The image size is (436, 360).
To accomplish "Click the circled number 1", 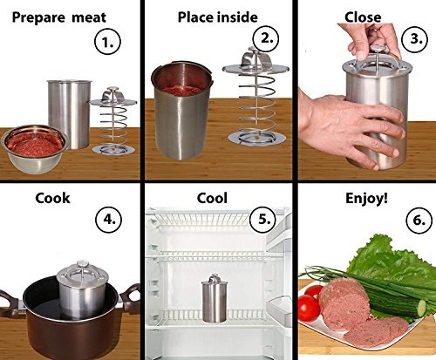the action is click(x=107, y=43).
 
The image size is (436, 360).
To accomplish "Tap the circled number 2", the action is click(x=266, y=38).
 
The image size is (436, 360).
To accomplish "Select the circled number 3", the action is click(x=416, y=38).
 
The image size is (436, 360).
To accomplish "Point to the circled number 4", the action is click(x=109, y=220).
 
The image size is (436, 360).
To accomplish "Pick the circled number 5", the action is click(x=262, y=219).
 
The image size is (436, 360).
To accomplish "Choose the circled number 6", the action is click(x=419, y=220).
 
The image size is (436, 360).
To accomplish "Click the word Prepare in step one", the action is click(x=38, y=18).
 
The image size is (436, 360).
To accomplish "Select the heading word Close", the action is click(x=363, y=17).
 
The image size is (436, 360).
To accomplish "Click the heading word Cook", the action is click(x=52, y=198).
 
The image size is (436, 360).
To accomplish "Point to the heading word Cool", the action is click(x=212, y=198).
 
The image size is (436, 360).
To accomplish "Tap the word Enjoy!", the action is click(x=366, y=199).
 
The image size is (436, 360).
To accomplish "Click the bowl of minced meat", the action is click(x=35, y=149).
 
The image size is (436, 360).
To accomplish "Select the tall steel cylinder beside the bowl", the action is click(x=69, y=114).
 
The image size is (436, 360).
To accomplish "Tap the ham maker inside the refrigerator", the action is click(x=215, y=298).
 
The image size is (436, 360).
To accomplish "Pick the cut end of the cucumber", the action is click(x=421, y=309).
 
